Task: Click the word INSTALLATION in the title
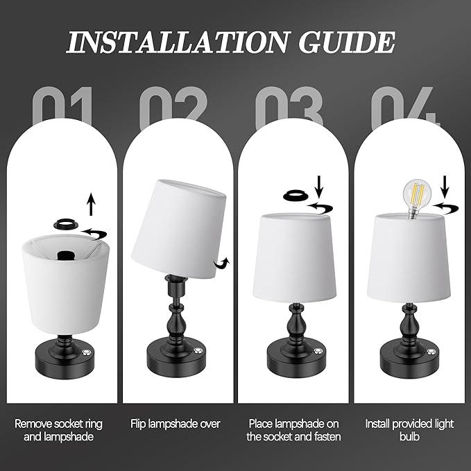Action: point(177,42)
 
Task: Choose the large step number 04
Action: point(406,108)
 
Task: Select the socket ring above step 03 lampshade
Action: point(296,196)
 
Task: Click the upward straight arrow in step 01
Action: point(91,204)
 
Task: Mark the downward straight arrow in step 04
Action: point(445,187)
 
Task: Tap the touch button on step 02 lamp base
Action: point(198,350)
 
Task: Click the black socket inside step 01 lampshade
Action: point(65,255)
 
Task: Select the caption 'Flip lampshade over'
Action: point(175,424)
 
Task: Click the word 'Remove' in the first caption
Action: point(33,424)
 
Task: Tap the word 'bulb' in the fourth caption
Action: point(409,436)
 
